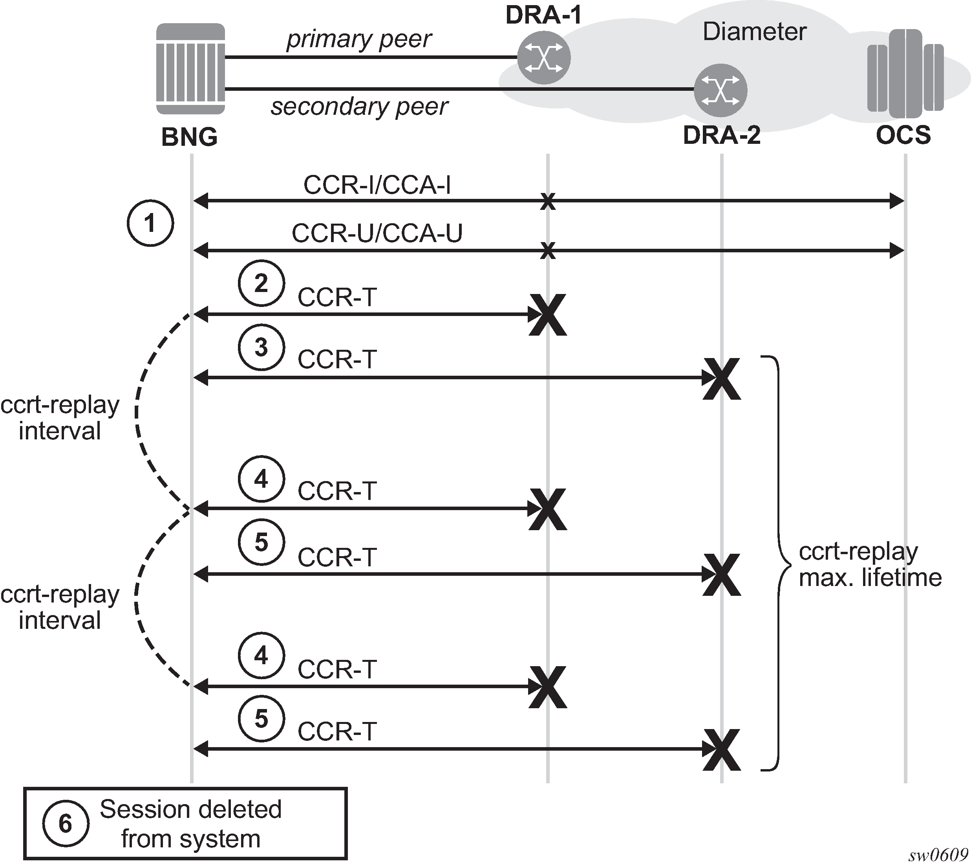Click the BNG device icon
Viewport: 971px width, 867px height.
click(190, 69)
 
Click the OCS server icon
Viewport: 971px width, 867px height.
click(904, 74)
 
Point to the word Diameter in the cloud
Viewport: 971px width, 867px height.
click(754, 32)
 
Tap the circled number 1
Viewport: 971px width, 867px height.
click(150, 223)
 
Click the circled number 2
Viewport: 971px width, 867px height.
click(261, 283)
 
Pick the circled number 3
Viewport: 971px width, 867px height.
click(261, 347)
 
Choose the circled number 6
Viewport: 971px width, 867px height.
click(65, 824)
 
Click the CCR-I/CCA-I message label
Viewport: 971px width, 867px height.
click(377, 185)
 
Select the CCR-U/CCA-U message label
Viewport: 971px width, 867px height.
click(377, 233)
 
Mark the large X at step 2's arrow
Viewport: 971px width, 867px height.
click(548, 315)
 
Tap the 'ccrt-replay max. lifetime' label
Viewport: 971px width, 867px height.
click(869, 564)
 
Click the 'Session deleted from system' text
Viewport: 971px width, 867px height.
click(190, 824)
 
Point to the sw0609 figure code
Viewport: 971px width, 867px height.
click(938, 855)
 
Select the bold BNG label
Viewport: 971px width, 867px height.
click(189, 137)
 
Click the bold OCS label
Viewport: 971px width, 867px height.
click(903, 135)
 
